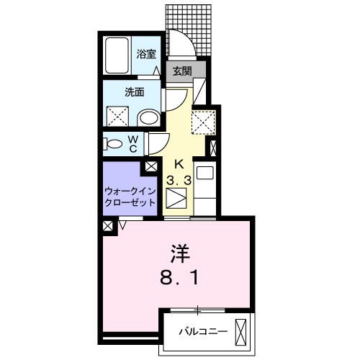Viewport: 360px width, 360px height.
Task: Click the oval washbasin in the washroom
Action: coord(148,117)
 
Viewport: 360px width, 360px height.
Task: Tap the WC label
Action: coord(134,144)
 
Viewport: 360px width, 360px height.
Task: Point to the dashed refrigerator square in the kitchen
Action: coord(202,121)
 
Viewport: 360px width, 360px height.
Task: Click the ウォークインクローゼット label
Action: coord(130,197)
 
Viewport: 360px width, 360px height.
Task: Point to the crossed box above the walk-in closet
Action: coord(152,166)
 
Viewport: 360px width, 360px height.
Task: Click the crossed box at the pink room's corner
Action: coord(108,225)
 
